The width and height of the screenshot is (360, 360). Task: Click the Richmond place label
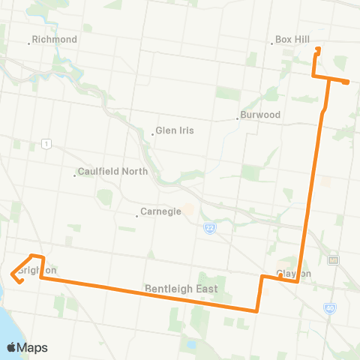click(x=55, y=39)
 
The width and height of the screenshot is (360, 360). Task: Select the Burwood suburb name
click(x=259, y=115)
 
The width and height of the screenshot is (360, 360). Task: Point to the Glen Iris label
click(x=175, y=130)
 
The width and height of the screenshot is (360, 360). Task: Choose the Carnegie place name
click(x=162, y=211)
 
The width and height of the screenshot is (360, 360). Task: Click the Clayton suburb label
click(x=293, y=274)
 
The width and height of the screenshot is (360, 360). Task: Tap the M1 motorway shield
click(x=334, y=260)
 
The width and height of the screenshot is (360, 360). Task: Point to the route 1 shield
click(x=46, y=143)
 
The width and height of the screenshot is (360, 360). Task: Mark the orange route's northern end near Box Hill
click(x=318, y=49)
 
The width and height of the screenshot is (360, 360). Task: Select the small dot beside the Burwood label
click(x=237, y=117)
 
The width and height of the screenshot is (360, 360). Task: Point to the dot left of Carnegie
click(x=138, y=215)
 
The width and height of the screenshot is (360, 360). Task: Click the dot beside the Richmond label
click(x=29, y=41)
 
